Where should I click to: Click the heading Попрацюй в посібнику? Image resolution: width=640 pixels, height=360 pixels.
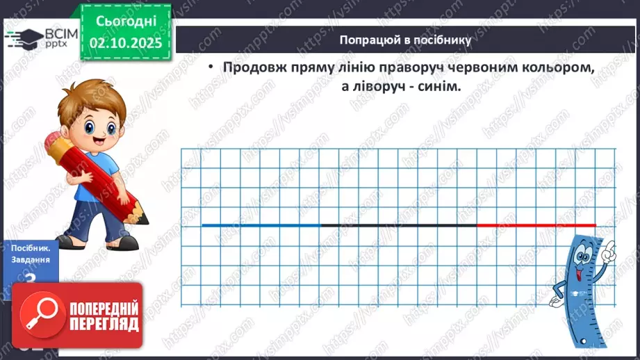tap(406, 40)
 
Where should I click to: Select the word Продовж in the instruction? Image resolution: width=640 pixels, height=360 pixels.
tap(250, 68)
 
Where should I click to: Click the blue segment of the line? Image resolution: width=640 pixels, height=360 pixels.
tap(261, 225)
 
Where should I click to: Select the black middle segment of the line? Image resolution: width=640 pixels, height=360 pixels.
tap(398, 225)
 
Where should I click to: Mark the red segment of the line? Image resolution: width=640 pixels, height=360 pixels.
tap(536, 225)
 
